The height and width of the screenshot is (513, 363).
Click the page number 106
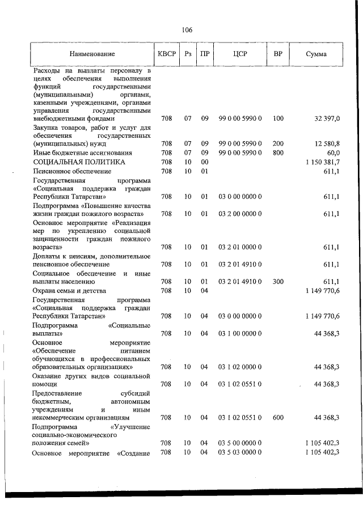[x=187, y=30]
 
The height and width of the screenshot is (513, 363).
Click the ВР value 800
[x=278, y=153]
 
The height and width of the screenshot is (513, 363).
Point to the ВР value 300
[x=278, y=282]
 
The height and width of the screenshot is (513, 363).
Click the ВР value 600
[x=278, y=418]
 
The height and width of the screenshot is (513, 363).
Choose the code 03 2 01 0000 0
[x=239, y=247]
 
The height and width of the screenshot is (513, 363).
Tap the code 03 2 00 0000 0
[x=239, y=214]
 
